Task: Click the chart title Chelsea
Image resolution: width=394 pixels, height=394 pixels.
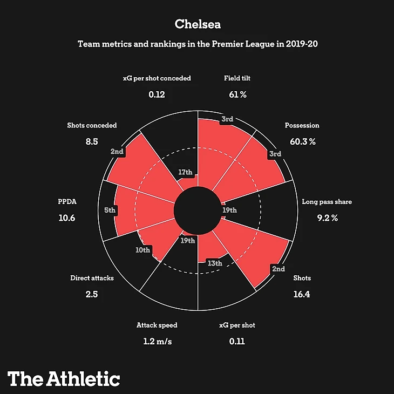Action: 197,24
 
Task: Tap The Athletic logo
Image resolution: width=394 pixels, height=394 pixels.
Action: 64,378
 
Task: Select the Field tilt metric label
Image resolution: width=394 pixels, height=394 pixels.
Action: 237,78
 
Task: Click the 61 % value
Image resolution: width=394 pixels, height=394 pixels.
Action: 237,94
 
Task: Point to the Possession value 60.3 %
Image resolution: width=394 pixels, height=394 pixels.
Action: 302,141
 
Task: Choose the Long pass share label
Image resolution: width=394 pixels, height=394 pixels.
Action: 327,202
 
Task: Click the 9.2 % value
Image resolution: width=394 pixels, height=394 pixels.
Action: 327,218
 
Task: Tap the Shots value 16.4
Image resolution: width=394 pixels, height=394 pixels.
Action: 302,295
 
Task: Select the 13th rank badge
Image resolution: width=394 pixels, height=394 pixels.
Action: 215,263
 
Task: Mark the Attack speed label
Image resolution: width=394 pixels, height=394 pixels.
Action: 157,325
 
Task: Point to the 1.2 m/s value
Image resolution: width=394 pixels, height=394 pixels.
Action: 157,342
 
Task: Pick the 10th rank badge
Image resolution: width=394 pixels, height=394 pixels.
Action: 143,250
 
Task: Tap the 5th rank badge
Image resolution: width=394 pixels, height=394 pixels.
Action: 110,210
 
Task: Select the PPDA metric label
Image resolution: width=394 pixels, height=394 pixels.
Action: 67,202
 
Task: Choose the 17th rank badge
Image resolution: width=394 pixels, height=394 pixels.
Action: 185,173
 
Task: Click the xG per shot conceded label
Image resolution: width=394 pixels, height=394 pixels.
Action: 157,78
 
